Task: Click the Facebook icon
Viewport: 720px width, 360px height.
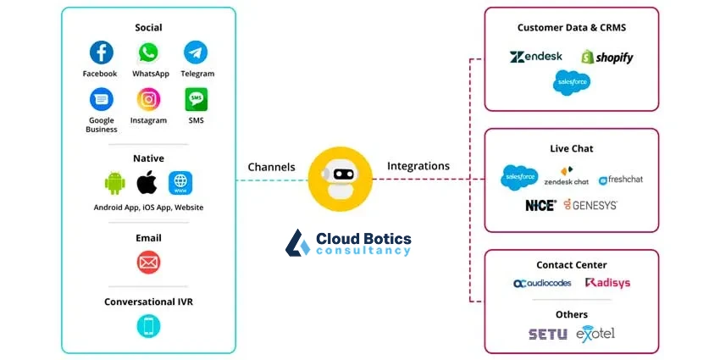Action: click(x=101, y=53)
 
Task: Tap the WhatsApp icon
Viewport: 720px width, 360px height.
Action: click(x=149, y=53)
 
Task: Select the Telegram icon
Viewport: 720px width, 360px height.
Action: click(x=197, y=53)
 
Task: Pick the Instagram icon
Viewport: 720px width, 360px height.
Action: click(x=149, y=99)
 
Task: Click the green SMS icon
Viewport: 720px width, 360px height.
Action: click(x=197, y=99)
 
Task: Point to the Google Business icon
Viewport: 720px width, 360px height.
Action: click(x=101, y=99)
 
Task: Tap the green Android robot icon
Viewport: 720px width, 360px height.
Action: click(x=114, y=182)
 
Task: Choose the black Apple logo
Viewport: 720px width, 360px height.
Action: click(x=147, y=181)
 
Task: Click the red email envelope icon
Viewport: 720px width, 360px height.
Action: click(x=148, y=263)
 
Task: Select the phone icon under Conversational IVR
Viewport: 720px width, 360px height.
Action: click(x=148, y=326)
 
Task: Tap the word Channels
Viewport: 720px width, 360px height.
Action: click(x=271, y=167)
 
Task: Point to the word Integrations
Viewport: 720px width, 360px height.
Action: click(x=418, y=166)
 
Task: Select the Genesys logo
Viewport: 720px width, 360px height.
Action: click(x=590, y=205)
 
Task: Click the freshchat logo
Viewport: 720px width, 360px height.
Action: click(x=621, y=180)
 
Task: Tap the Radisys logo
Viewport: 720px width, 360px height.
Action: click(x=607, y=283)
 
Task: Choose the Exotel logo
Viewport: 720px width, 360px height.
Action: click(x=595, y=334)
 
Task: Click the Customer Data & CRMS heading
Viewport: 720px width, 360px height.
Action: click(x=572, y=28)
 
